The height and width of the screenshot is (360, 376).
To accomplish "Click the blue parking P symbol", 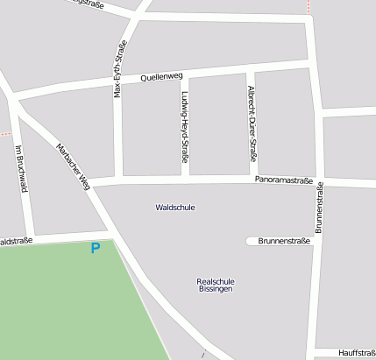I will click(x=96, y=249).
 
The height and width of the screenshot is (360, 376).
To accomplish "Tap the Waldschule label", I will click(x=174, y=208).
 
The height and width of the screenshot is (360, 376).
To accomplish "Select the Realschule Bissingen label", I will click(x=216, y=285).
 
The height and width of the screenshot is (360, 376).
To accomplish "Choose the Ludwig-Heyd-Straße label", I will click(x=185, y=127).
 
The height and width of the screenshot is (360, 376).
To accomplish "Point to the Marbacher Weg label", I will click(x=74, y=166).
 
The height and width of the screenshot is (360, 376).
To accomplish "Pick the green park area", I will click(x=61, y=302).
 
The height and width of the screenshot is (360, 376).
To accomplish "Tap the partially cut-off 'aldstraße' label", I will click(x=16, y=240).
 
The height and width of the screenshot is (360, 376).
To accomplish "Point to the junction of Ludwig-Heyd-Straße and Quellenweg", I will click(x=184, y=75).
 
